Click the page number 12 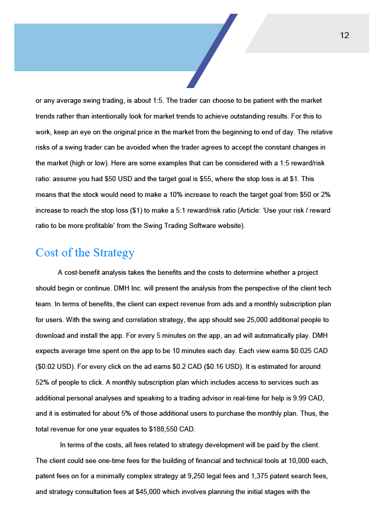(345, 35)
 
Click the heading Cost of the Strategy (85, 253)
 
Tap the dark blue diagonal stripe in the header (212, 51)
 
